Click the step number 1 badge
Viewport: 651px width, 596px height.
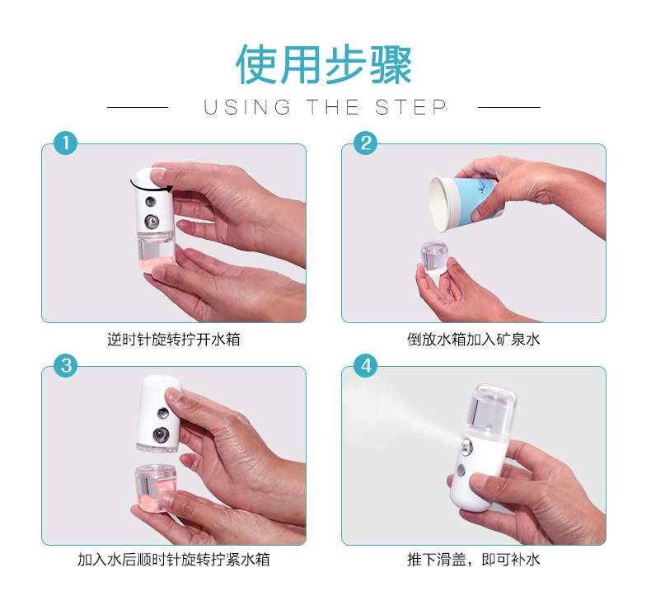65,143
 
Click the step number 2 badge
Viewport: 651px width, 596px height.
365,143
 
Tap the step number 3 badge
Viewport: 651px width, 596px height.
65,365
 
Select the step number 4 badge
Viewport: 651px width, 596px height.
365,365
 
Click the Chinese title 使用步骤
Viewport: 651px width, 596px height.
324,65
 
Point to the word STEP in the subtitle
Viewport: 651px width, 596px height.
411,107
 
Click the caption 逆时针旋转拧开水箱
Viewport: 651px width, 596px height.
174,339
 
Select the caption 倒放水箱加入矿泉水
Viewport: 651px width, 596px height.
474,339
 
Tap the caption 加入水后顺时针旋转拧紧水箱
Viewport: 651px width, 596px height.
174,561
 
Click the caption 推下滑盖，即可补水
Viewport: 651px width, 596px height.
474,561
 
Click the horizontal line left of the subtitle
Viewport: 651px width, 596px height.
138,107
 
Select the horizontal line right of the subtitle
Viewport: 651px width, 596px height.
509,107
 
